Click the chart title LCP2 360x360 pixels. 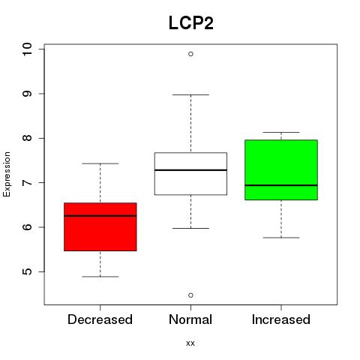191,22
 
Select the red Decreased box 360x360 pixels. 100,226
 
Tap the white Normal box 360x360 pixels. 190,173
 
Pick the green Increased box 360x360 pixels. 281,170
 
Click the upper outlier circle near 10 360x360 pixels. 190,54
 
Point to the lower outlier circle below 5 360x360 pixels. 190,295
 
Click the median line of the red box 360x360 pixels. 100,215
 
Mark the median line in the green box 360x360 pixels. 281,185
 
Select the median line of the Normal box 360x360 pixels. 190,170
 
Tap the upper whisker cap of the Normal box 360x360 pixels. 190,94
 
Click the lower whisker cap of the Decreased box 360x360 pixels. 100,277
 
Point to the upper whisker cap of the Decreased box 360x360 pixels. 100,163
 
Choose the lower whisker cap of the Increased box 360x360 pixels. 281,238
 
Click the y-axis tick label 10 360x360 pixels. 27,49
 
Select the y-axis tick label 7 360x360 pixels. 27,183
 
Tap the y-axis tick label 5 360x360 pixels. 27,271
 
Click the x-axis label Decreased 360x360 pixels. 100,319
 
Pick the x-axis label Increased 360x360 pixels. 281,319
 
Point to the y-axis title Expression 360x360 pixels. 7,174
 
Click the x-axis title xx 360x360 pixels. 190,343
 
